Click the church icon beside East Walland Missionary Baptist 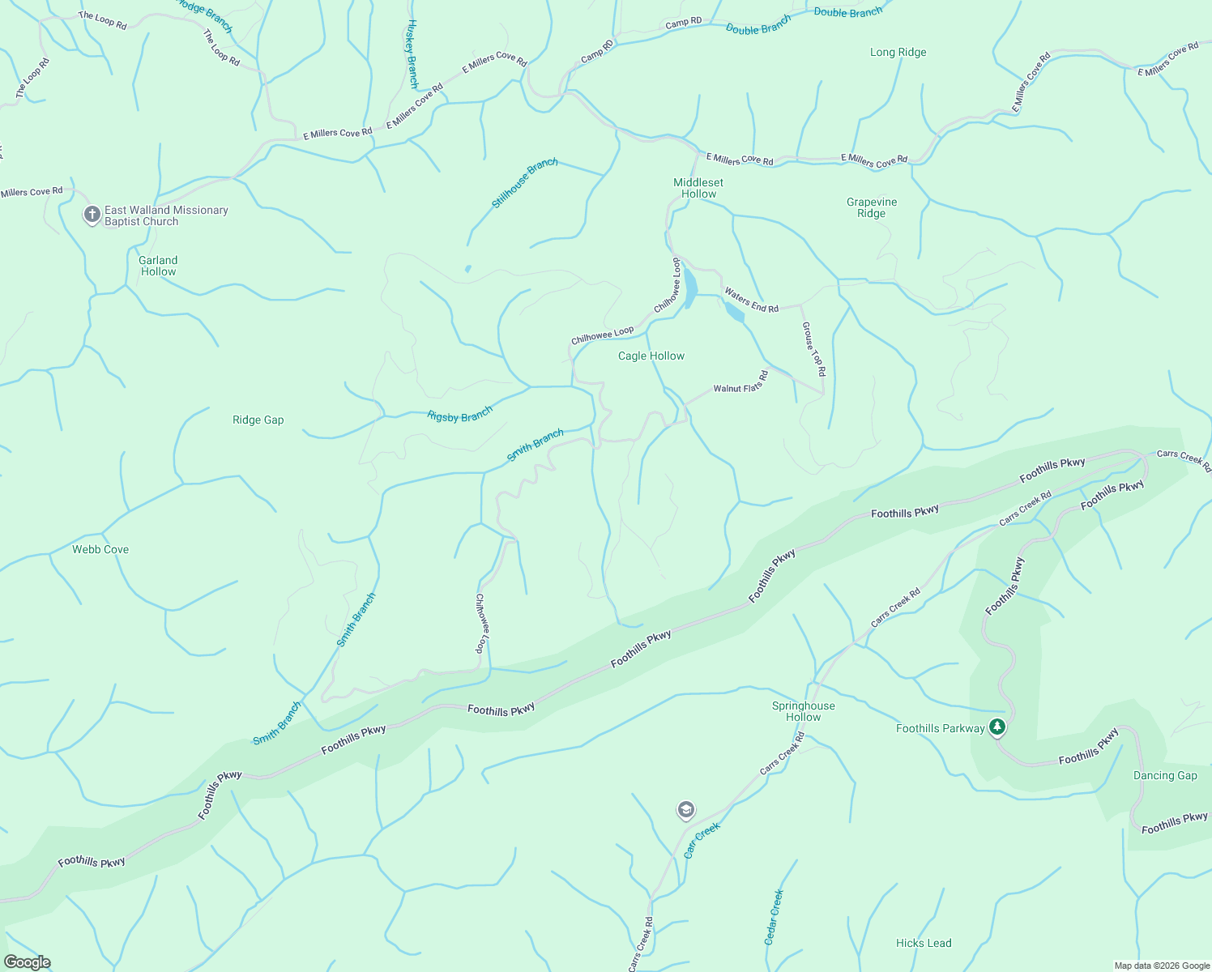coord(92,215)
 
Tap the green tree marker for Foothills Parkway coord(997,727)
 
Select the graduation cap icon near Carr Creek coord(685,810)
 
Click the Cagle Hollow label coord(651,356)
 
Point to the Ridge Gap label coord(258,420)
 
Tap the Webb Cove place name coord(100,549)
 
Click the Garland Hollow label coord(158,266)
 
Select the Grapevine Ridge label coord(871,207)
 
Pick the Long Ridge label coord(898,52)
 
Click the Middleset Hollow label coord(698,188)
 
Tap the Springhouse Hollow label coord(803,711)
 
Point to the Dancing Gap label coord(1164,775)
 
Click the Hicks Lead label coord(924,943)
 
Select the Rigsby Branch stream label coord(459,416)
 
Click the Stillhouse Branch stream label coord(524,183)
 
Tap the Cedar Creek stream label coord(774,917)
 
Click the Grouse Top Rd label coord(813,348)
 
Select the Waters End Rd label coord(751,300)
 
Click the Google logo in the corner coord(28,962)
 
